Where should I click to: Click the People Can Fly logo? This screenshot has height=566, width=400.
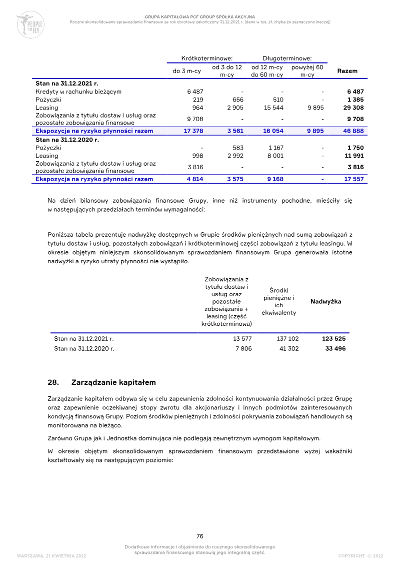(x=30, y=25)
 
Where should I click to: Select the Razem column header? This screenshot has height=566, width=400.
(x=347, y=71)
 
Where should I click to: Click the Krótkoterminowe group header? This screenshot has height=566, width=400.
(x=207, y=58)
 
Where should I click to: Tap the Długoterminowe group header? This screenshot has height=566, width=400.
(x=287, y=58)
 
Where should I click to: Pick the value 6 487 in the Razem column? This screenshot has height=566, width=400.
(x=355, y=92)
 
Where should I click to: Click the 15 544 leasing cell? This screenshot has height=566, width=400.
(x=273, y=108)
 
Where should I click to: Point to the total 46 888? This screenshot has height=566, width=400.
(x=354, y=131)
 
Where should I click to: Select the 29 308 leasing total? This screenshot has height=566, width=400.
(x=354, y=108)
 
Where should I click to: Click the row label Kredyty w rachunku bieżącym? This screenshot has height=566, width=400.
(x=78, y=92)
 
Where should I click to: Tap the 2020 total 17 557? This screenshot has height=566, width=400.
(x=354, y=179)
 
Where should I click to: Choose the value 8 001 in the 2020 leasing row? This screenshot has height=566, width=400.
(x=274, y=156)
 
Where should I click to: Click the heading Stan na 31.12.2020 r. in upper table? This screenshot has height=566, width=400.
(x=67, y=140)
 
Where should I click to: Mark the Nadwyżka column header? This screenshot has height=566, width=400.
(x=326, y=301)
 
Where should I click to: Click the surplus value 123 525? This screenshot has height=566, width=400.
(x=333, y=339)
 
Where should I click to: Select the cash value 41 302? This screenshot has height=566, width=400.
(x=288, y=348)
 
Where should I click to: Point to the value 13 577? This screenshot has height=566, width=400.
(x=242, y=339)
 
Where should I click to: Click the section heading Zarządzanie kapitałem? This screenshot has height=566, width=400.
(x=113, y=382)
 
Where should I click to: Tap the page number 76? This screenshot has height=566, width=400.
(x=199, y=536)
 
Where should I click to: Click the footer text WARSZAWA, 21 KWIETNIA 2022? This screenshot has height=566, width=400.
(x=51, y=556)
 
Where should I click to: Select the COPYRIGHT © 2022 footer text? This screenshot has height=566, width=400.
(x=360, y=556)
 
